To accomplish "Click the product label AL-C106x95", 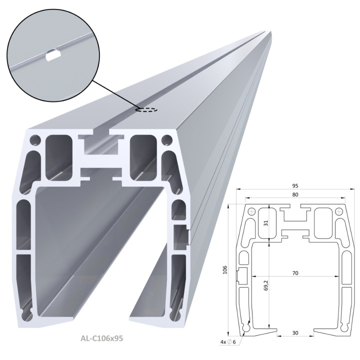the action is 101,338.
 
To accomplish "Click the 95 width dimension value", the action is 295,185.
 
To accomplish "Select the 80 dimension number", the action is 295,194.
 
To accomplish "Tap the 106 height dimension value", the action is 224,269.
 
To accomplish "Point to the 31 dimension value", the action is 266,223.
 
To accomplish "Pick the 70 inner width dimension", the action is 295,273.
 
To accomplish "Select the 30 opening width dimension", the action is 295,332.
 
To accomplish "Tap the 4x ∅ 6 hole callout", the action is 228,342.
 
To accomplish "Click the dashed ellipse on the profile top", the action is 146,109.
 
